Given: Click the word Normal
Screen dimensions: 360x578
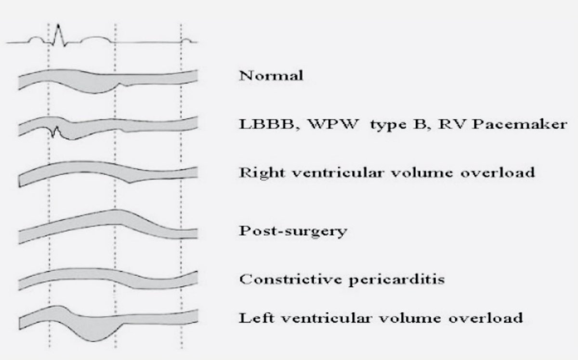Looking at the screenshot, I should (271, 76).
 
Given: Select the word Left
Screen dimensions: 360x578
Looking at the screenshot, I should (254, 318).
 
